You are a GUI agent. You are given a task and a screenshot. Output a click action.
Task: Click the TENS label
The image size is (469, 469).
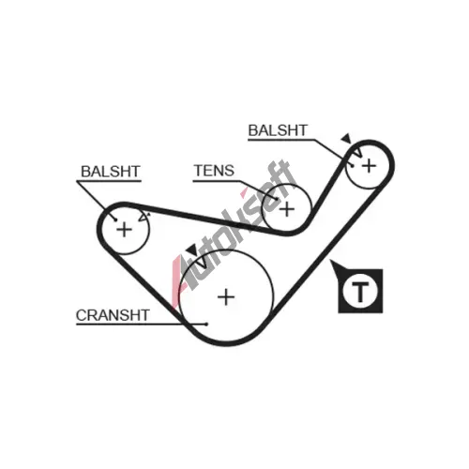tap(214, 171)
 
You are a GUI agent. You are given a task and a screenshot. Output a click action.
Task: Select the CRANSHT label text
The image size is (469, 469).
tap(113, 315)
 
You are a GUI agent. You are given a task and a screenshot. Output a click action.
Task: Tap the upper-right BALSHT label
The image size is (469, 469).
tap(278, 130)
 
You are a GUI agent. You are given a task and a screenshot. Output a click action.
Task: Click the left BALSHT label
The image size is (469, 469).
tap(111, 172)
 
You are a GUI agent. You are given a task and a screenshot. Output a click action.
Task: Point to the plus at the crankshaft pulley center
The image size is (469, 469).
tap(226, 296)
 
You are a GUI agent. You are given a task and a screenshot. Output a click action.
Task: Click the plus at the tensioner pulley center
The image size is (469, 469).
tap(287, 209)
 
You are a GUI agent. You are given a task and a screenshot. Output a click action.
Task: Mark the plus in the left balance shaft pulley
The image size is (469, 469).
tap(124, 230)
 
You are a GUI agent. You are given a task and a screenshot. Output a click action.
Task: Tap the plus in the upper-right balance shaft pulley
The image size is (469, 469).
tap(369, 165)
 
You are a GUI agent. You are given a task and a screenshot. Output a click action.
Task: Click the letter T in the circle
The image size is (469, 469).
tap(360, 292)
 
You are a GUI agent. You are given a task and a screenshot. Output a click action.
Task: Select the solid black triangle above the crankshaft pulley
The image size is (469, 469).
tap(191, 249)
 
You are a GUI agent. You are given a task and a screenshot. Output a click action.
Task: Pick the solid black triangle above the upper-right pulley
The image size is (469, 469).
tap(346, 139)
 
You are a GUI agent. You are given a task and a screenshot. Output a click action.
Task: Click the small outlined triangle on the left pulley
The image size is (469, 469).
tap(144, 217)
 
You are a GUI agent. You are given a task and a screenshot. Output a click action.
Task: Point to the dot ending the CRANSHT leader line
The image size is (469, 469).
tap(205, 325)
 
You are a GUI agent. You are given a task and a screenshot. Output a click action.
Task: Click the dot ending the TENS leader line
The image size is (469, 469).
tap(277, 199)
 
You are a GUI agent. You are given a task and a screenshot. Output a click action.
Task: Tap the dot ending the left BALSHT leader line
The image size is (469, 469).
tap(115, 219)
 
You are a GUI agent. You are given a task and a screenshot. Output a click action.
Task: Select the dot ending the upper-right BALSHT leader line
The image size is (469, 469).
tap(353, 166)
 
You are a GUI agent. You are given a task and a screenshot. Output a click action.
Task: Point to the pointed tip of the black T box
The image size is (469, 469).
tap(331, 261)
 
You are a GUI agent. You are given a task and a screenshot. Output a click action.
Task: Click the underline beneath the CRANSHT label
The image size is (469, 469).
tap(141, 325)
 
